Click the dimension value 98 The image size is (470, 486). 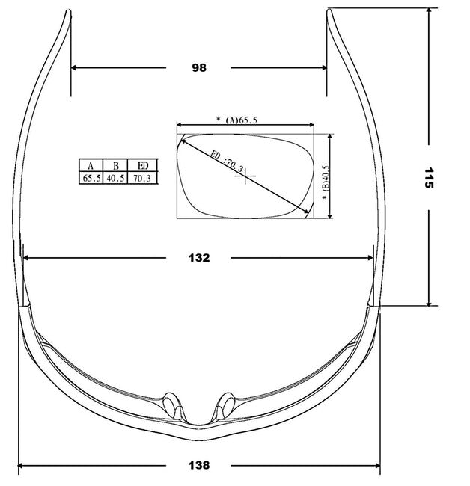[x=199, y=67]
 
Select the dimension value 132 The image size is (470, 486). [x=199, y=258]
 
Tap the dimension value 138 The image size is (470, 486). [x=199, y=465]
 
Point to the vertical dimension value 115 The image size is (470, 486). [x=429, y=178]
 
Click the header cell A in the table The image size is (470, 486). [x=91, y=165]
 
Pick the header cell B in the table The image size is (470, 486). [x=115, y=165]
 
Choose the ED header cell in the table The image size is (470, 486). [x=143, y=165]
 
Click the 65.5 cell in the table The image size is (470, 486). [x=91, y=178]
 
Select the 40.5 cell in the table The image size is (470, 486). [x=115, y=178]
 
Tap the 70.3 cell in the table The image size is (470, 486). [x=142, y=178]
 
